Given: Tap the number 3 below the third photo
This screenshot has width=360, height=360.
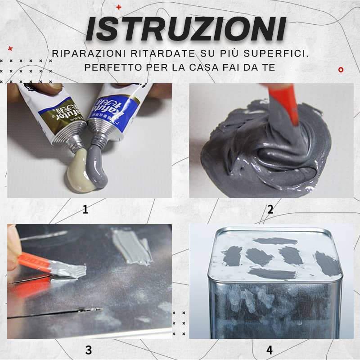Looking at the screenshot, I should [88, 350].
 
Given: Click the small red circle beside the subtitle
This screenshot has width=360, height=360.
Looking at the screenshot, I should [341, 69].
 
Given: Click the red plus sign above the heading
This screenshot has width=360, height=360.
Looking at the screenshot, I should [119, 7].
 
